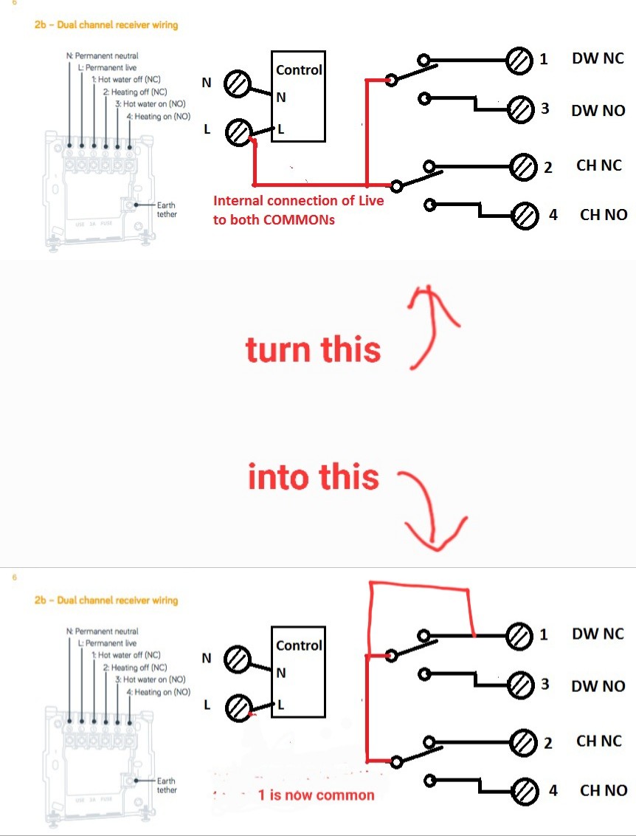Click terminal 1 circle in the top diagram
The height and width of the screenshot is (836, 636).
pyautogui.click(x=519, y=60)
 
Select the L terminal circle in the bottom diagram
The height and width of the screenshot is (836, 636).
pyautogui.click(x=238, y=709)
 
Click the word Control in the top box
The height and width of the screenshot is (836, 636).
pyautogui.click(x=299, y=70)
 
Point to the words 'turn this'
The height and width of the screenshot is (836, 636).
pyautogui.click(x=313, y=349)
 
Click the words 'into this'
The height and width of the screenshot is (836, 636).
pyautogui.click(x=314, y=477)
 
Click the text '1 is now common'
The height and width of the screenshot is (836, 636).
pyautogui.click(x=316, y=795)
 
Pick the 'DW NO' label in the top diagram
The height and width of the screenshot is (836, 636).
pyautogui.click(x=598, y=111)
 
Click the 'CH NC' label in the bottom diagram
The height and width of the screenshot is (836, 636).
pyautogui.click(x=599, y=741)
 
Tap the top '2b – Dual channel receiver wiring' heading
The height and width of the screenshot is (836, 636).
pyautogui.click(x=106, y=24)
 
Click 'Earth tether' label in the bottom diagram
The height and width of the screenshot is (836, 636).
pyautogui.click(x=167, y=785)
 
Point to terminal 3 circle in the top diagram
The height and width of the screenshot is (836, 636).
pyautogui.click(x=521, y=109)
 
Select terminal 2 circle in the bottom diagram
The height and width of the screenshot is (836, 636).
pyautogui.click(x=522, y=741)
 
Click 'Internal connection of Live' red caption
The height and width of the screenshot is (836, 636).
pyautogui.click(x=298, y=200)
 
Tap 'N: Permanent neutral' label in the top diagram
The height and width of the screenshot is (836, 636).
pyautogui.click(x=102, y=56)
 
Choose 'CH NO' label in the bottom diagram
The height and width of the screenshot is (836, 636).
pyautogui.click(x=604, y=791)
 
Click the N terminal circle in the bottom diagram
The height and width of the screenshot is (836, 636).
pyautogui.click(x=238, y=659)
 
